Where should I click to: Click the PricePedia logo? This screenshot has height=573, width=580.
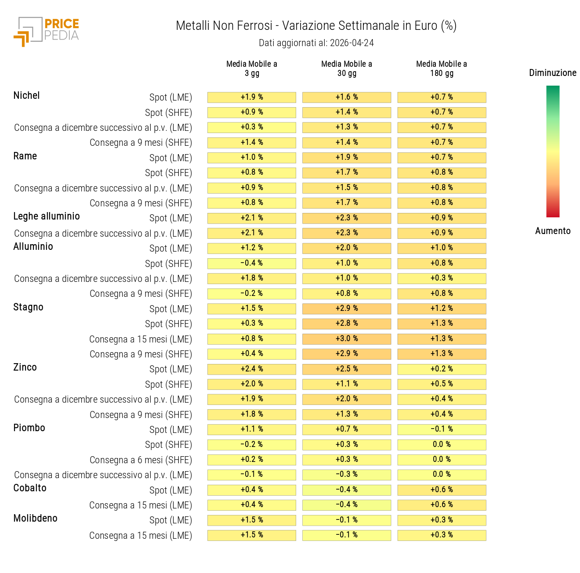(x=46, y=31)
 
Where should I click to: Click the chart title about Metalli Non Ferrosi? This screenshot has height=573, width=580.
(x=316, y=26)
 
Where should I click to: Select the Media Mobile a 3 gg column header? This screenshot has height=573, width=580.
(x=252, y=68)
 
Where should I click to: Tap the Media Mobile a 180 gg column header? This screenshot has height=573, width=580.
(x=442, y=68)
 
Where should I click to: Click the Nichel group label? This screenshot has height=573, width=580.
(x=26, y=96)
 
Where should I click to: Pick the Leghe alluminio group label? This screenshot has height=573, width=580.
(x=47, y=216)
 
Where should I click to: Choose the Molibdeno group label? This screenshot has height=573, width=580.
(x=35, y=519)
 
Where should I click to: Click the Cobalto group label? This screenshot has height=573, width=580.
(x=30, y=488)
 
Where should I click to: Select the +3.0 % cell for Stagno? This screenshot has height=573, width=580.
(x=347, y=339)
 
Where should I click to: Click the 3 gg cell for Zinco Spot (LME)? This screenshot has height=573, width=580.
(x=252, y=369)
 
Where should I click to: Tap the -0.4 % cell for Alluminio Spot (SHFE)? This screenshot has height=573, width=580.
(x=252, y=263)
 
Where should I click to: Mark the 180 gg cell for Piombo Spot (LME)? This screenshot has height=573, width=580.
(x=442, y=429)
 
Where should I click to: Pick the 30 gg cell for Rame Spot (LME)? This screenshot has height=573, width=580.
(x=347, y=158)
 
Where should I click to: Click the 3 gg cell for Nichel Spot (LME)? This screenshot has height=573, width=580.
(x=252, y=97)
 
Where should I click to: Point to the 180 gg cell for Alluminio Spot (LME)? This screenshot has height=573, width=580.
(x=442, y=248)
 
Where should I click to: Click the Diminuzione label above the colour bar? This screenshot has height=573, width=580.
(x=552, y=73)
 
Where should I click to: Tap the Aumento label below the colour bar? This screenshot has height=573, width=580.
(x=553, y=231)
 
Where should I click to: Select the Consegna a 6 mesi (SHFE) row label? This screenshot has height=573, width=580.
(x=141, y=460)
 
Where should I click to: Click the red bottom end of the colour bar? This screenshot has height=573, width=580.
(x=553, y=214)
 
